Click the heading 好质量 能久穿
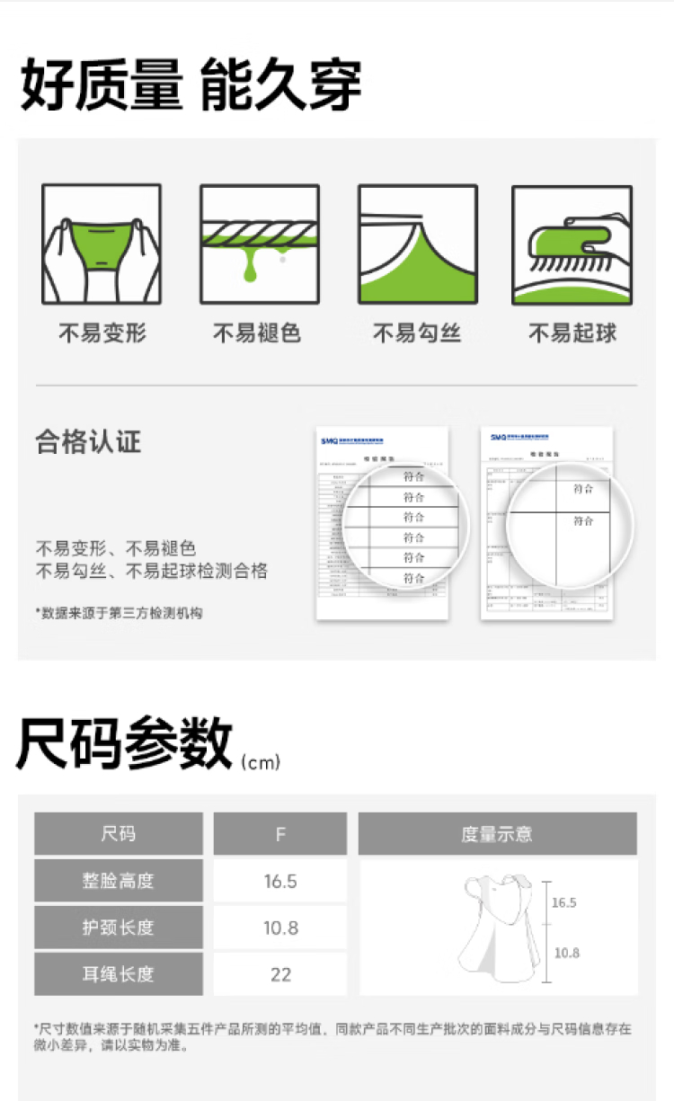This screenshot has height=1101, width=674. [x=191, y=85]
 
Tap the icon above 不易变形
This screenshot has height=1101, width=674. [x=102, y=244]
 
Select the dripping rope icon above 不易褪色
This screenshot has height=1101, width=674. [x=260, y=244]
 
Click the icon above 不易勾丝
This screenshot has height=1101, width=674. [x=417, y=244]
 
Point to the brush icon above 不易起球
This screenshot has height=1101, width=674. [x=572, y=244]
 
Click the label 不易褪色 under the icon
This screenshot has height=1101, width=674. [x=257, y=333]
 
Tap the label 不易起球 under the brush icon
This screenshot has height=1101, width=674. [x=572, y=333]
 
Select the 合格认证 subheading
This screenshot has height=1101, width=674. [x=88, y=442]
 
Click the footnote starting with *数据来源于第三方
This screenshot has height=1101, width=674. [x=119, y=613]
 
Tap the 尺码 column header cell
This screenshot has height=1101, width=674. [x=119, y=834]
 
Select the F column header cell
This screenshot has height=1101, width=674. [x=280, y=834]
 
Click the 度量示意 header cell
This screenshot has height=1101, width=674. [x=497, y=834]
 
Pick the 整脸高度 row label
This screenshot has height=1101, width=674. [x=119, y=881]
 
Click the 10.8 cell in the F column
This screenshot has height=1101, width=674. [x=280, y=928]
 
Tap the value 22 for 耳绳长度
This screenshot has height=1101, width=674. [x=280, y=974]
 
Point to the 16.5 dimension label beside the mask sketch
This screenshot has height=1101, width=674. [x=563, y=902]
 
